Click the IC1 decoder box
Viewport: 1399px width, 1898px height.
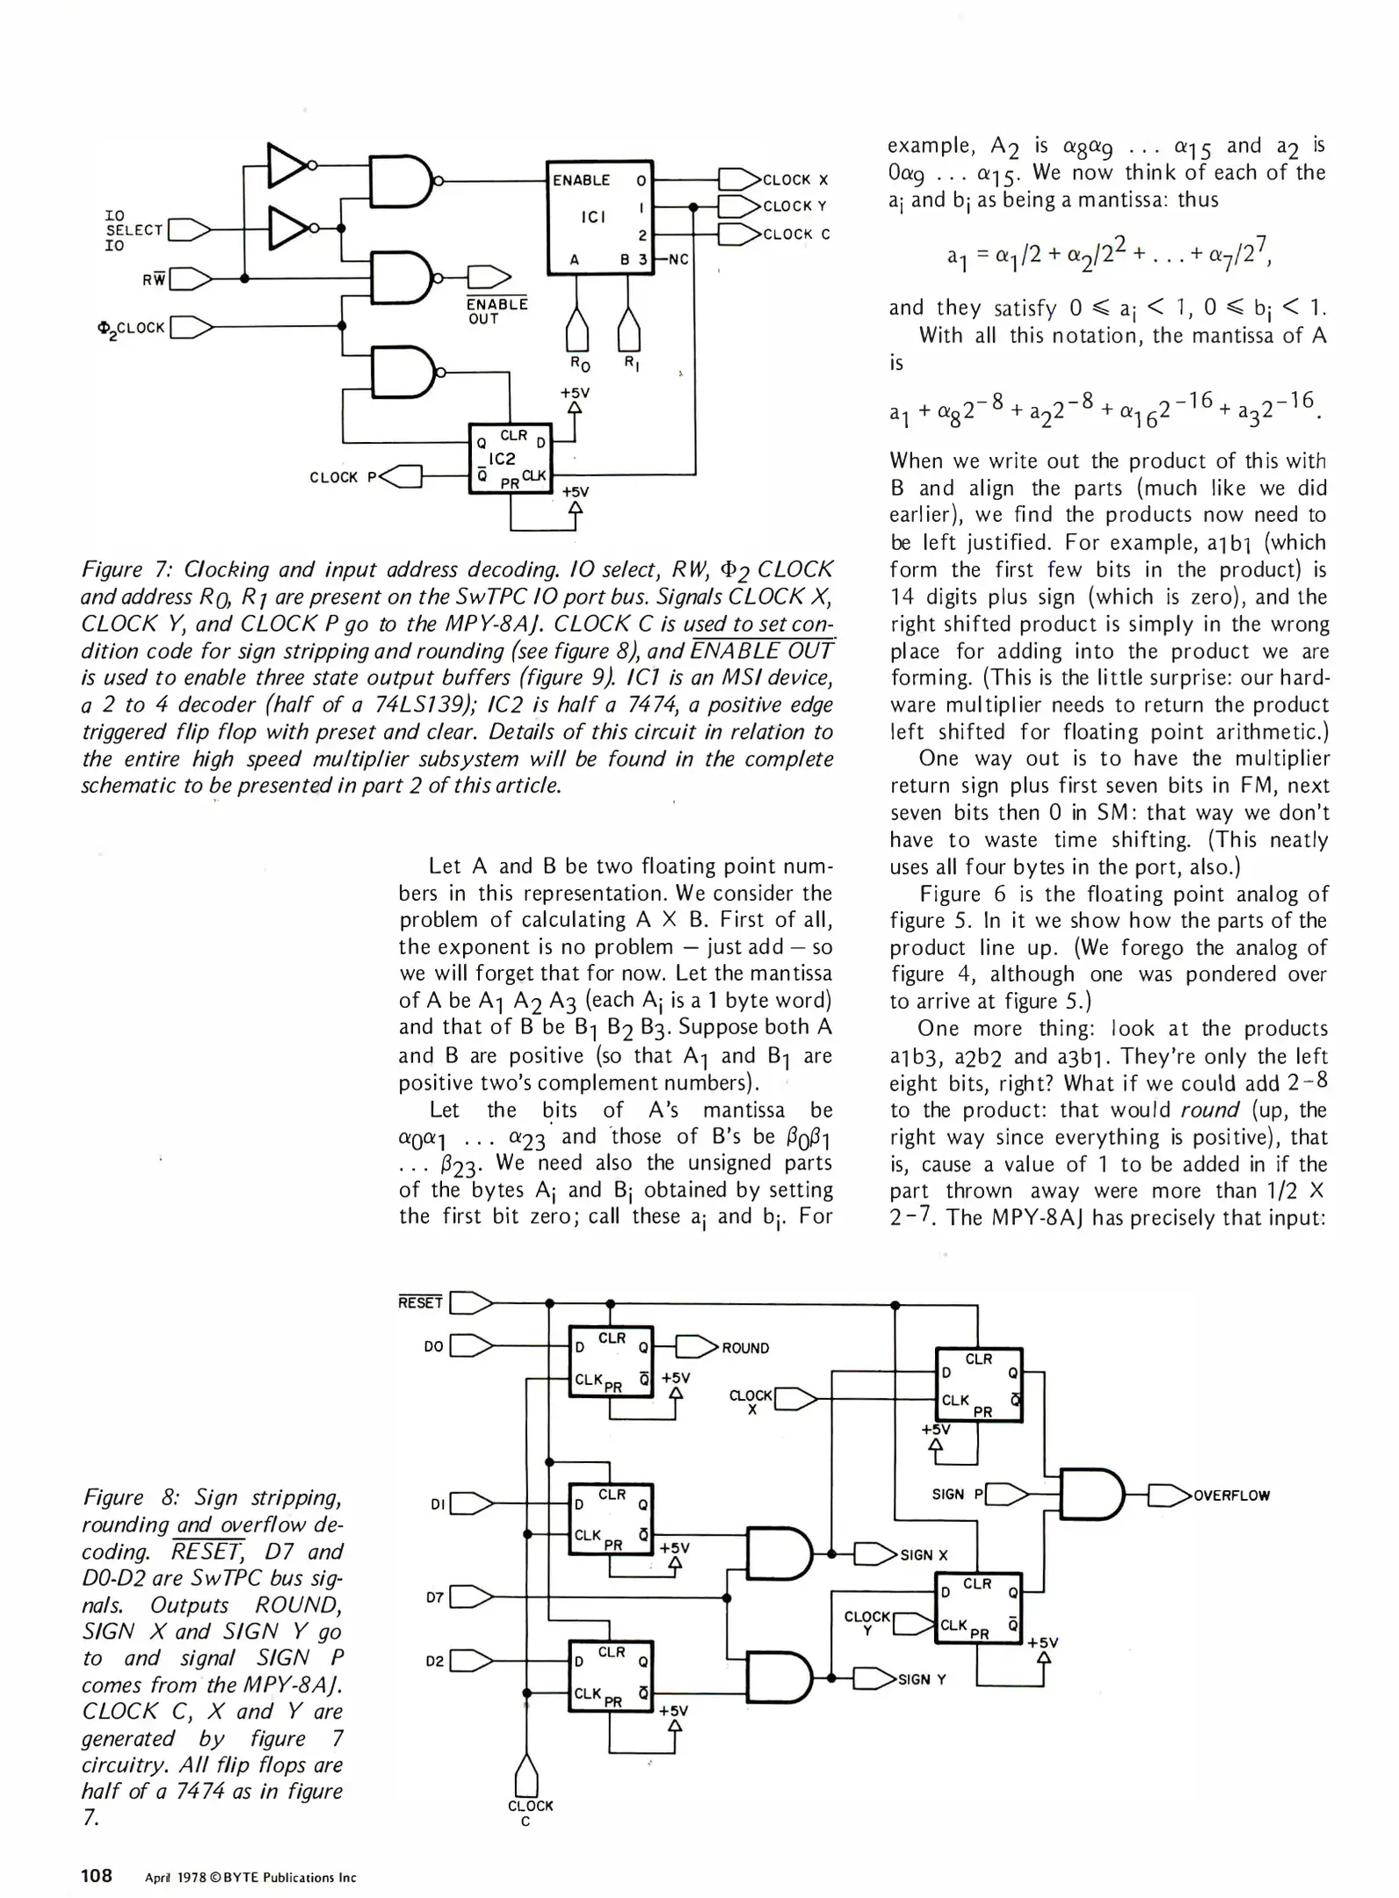coord(599,217)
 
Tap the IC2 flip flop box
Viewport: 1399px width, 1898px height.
coord(510,458)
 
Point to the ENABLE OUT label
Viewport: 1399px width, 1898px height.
coord(497,311)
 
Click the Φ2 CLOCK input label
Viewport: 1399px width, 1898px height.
coord(132,328)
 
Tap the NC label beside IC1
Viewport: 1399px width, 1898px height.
coord(678,260)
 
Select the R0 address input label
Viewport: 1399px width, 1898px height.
coord(580,363)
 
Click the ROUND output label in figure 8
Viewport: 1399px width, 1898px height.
coord(745,1348)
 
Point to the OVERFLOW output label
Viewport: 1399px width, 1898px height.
coord(1231,1496)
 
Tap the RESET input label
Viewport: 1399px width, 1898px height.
coord(420,1302)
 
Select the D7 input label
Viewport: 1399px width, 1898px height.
coord(434,1597)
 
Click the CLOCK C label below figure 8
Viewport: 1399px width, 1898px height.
coord(530,1813)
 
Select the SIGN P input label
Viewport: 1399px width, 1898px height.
coord(957,1494)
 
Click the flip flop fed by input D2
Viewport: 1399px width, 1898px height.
coord(611,1679)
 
